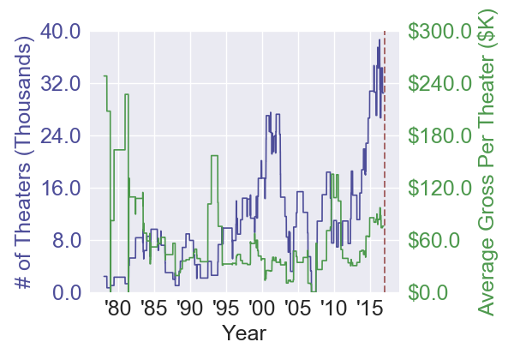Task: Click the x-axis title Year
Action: [x=243, y=333]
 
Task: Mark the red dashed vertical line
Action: [x=385, y=163]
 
